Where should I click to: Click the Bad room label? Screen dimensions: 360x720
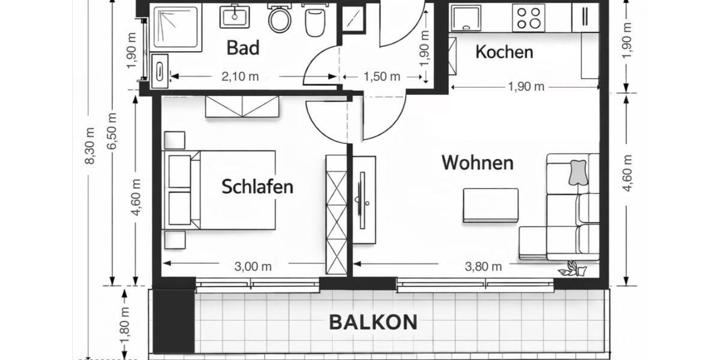(x=243, y=47)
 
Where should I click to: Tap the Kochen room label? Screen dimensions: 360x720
(x=504, y=52)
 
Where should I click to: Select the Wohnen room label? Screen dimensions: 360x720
(x=478, y=163)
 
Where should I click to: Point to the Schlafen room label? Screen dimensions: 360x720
(x=257, y=187)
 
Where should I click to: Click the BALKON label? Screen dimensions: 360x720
(x=373, y=322)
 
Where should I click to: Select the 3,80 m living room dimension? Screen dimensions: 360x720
(x=484, y=267)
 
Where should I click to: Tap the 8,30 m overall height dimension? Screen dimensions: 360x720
(x=89, y=146)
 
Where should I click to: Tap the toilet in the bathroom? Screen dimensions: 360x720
(x=279, y=19)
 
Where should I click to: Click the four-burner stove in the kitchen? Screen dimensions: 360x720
(x=529, y=17)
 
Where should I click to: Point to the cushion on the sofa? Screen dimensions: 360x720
(x=577, y=172)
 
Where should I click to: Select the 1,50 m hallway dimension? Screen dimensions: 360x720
(x=382, y=76)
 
